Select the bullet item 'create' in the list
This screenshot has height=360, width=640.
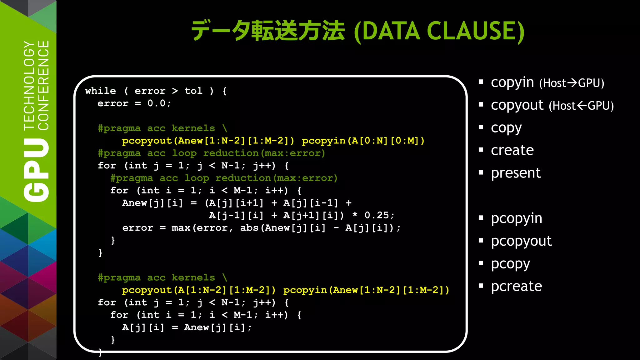click(x=512, y=150)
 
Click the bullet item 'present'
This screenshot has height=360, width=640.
click(x=516, y=173)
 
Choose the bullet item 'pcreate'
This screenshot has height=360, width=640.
click(x=516, y=286)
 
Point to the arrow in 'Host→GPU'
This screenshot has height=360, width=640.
click(x=572, y=83)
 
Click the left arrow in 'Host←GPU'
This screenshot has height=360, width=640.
click(x=582, y=106)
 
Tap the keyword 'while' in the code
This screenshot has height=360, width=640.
click(x=100, y=91)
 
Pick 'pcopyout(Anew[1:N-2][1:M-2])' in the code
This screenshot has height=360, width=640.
click(x=208, y=141)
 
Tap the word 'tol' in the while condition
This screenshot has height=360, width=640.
click(x=193, y=91)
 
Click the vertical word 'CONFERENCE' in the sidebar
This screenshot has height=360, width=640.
click(x=44, y=85)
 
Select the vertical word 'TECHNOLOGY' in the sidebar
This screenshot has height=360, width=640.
click(x=29, y=85)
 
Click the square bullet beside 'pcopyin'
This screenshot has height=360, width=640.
click(x=481, y=218)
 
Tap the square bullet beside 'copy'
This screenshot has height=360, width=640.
click(x=481, y=127)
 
